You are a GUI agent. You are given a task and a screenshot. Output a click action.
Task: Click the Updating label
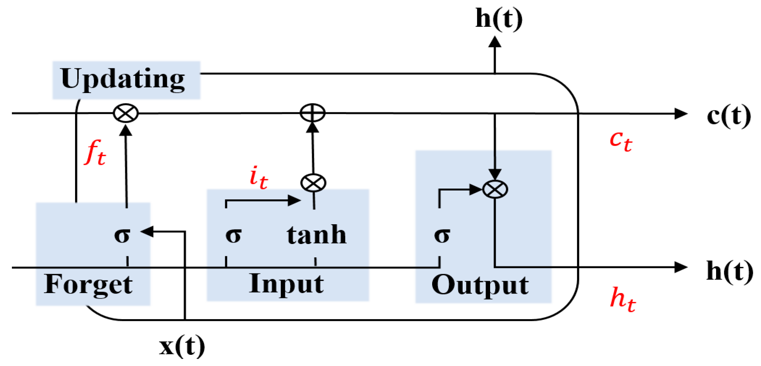click(x=123, y=79)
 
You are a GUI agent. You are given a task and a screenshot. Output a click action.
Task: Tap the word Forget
click(x=88, y=285)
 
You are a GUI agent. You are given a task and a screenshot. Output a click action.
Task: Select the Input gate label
click(x=286, y=284)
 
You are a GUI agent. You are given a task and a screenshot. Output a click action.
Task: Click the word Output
click(x=480, y=285)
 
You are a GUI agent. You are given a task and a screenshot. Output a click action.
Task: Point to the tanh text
click(x=317, y=235)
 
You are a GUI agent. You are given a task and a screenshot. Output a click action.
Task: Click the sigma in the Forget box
click(x=122, y=235)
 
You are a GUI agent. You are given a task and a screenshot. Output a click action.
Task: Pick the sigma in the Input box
click(x=233, y=235)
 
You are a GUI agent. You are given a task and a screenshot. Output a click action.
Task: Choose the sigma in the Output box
click(x=442, y=235)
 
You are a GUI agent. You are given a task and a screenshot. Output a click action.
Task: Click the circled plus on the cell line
click(x=313, y=113)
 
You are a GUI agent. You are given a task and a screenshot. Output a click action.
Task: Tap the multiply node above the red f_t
click(x=126, y=113)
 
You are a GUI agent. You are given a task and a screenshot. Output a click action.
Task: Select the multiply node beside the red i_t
click(x=313, y=183)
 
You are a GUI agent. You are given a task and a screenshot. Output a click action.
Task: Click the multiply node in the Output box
click(x=495, y=189)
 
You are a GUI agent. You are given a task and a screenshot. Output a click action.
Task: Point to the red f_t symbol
click(x=95, y=152)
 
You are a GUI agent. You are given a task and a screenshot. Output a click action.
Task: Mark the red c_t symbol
click(x=621, y=141)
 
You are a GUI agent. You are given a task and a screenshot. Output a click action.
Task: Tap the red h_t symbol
click(x=623, y=300)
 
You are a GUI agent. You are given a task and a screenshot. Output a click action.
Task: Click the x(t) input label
click(x=182, y=346)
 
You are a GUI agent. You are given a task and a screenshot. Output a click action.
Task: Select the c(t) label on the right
click(x=728, y=116)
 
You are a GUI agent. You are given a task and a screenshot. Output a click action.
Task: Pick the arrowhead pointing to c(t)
click(x=681, y=113)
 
